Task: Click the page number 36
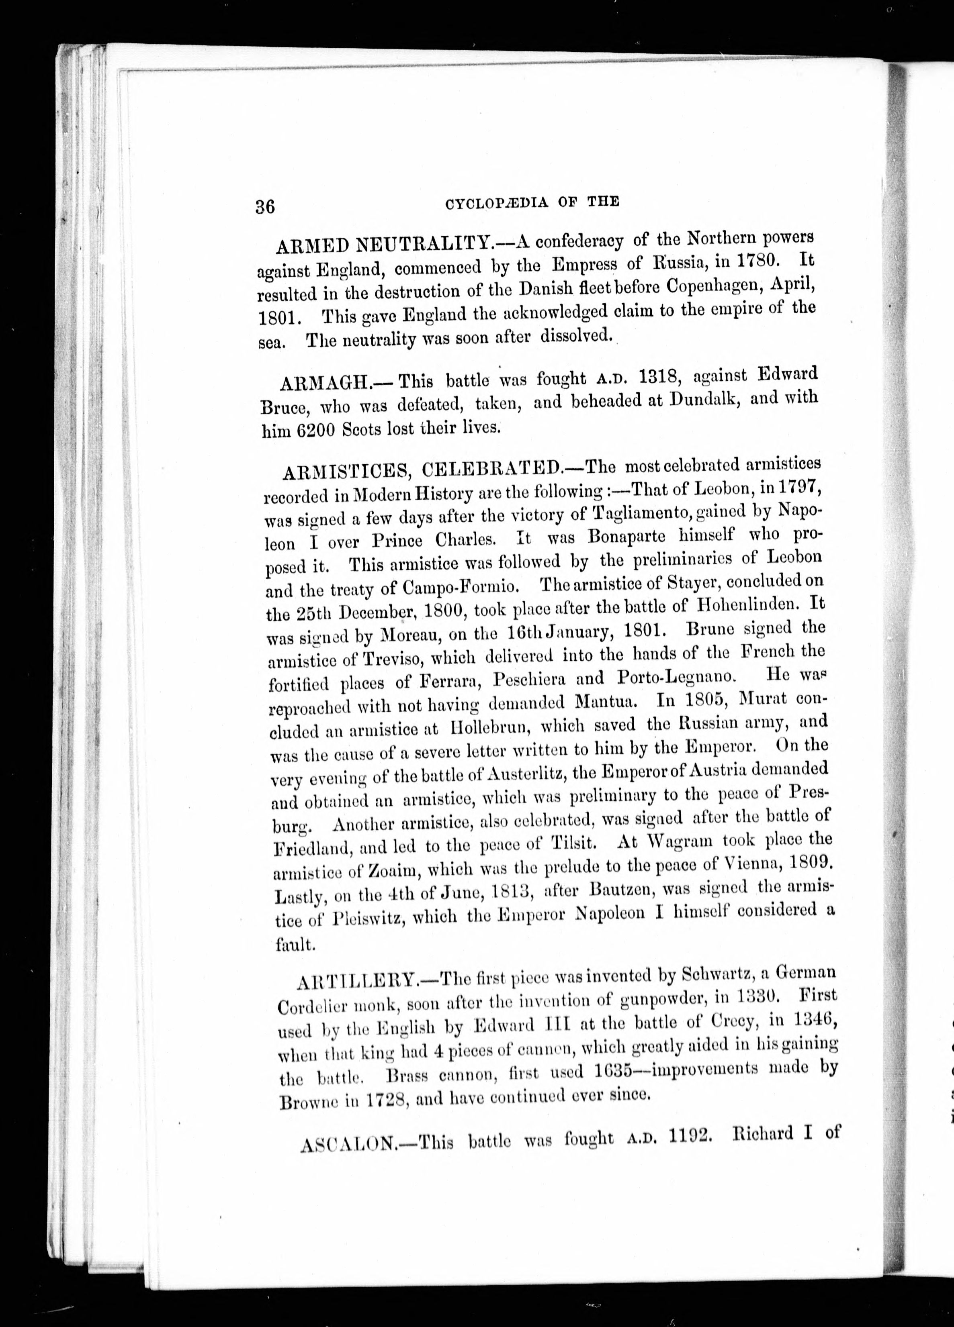[x=265, y=207]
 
